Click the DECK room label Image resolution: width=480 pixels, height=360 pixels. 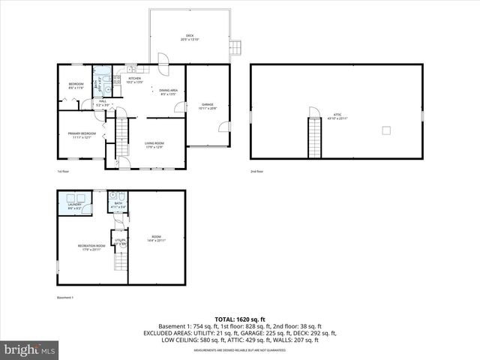click(x=190, y=37)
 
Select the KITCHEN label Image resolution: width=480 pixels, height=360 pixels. click(x=134, y=79)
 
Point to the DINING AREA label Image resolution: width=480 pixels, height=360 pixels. click(x=168, y=91)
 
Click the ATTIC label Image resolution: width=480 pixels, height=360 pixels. click(x=337, y=118)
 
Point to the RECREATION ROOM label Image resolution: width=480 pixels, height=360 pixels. click(x=91, y=247)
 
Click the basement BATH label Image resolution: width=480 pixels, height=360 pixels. click(x=118, y=203)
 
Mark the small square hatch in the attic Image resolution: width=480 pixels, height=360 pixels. click(x=386, y=131)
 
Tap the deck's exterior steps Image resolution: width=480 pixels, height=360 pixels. click(x=235, y=47)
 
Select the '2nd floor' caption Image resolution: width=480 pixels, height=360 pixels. click(x=257, y=172)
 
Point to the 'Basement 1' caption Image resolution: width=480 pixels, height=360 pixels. click(x=67, y=298)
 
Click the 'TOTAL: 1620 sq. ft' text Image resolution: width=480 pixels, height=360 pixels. click(x=240, y=319)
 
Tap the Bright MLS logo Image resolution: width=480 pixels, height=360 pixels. click(x=30, y=350)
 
